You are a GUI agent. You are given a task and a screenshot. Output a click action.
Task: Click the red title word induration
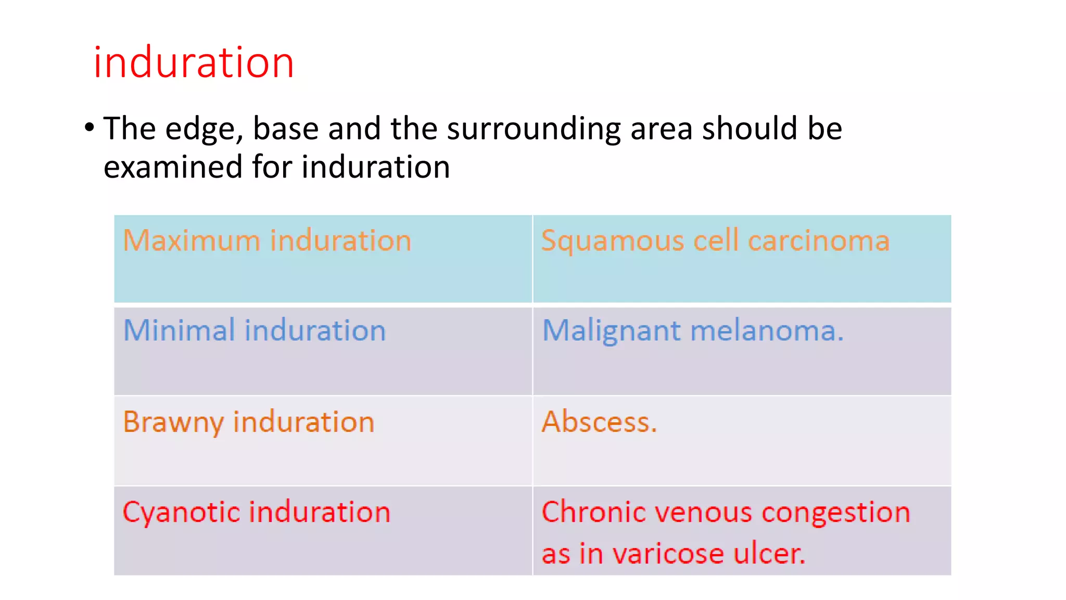click(x=194, y=63)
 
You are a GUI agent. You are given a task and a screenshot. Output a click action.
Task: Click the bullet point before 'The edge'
click(x=90, y=127)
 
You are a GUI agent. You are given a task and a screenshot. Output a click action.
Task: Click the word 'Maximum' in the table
click(x=191, y=241)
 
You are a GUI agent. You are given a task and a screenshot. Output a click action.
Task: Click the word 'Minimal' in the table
click(x=179, y=330)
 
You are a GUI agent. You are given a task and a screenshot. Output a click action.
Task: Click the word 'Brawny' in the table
click(x=173, y=422)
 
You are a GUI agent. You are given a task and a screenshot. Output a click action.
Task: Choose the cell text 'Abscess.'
click(x=599, y=421)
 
